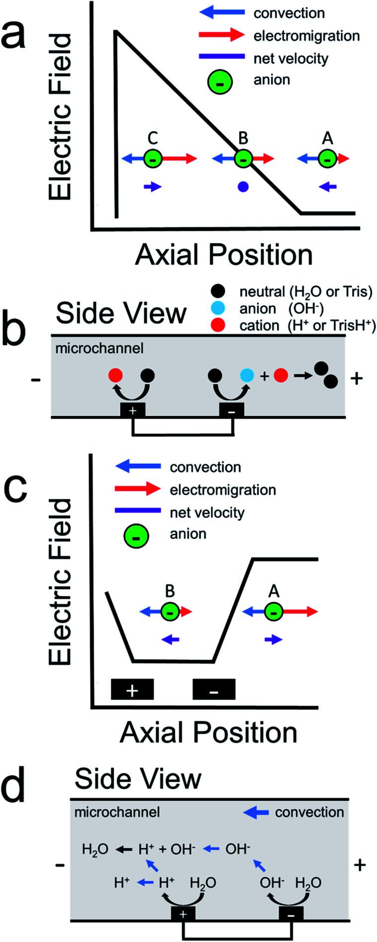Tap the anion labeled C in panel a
(153, 159)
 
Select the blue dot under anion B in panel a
(243, 187)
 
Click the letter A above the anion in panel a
(327, 138)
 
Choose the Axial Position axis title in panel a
(224, 255)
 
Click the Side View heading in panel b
(121, 314)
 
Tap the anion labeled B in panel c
(170, 612)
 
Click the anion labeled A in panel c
(273, 612)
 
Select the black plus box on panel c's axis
(132, 690)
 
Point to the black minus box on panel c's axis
(214, 690)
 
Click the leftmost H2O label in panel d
(95, 849)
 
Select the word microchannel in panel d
(117, 813)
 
